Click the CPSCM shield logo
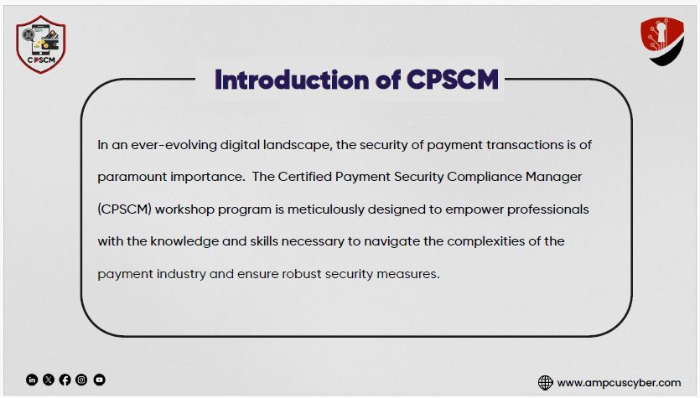40,44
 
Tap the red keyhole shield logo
662,41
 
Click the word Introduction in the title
292,80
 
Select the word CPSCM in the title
452,80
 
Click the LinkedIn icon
32,380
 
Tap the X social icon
49,380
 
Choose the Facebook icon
65,380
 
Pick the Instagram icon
81,380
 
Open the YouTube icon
100,380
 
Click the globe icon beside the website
545,382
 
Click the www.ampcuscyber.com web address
620,383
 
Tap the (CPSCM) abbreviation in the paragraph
125,209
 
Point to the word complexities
485,241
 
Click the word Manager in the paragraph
553,177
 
